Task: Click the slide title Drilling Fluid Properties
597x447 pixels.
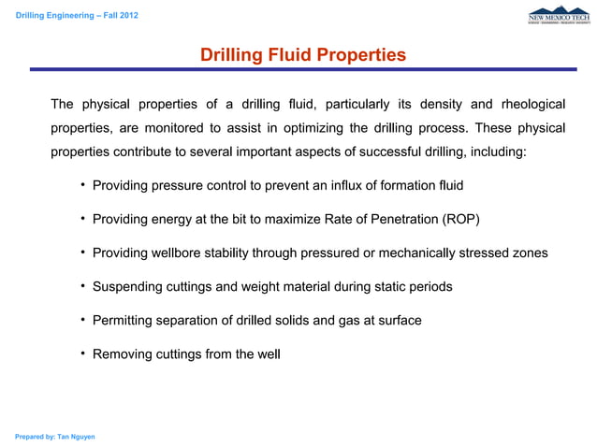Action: click(x=303, y=55)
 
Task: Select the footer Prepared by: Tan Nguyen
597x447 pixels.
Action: click(x=54, y=437)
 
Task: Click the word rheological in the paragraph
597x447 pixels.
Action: click(x=533, y=103)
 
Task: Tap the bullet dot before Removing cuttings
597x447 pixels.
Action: click(x=83, y=353)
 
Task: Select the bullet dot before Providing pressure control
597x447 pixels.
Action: click(x=83, y=185)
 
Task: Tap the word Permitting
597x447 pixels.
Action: click(x=125, y=320)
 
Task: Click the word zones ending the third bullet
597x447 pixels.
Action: click(x=529, y=252)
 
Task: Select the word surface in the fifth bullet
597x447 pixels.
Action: click(x=398, y=320)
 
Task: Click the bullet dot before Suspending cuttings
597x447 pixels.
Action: click(x=83, y=286)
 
